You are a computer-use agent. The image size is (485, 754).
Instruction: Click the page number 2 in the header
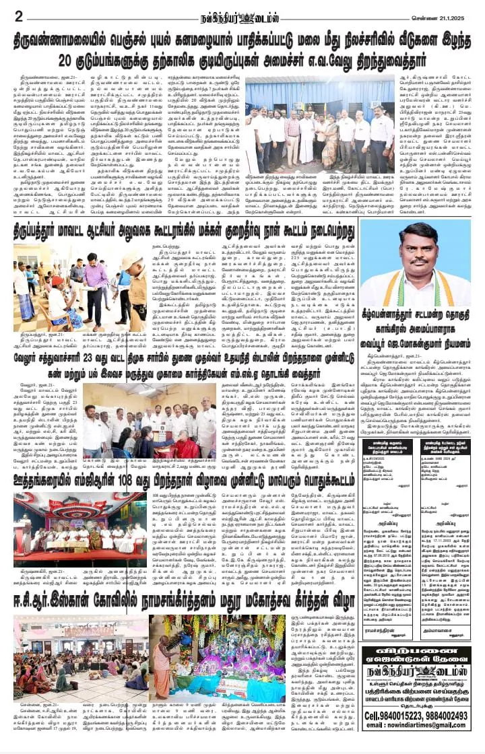[20, 15]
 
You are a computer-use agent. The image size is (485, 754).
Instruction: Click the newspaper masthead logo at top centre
[243, 14]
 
